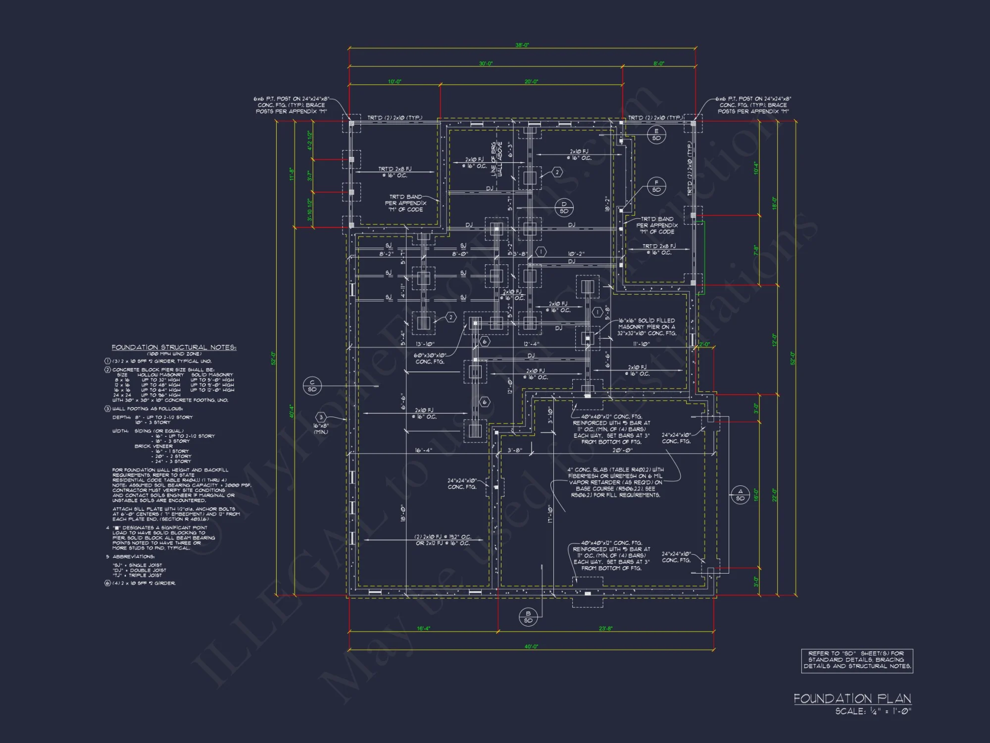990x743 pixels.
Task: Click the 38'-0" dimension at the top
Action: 522,45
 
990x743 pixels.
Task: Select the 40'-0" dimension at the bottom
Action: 531,646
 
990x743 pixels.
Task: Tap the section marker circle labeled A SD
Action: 740,495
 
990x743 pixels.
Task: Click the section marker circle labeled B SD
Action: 528,617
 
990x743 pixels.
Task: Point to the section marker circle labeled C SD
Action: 312,385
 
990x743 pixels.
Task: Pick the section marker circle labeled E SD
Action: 656,134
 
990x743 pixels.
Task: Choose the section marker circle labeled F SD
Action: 656,186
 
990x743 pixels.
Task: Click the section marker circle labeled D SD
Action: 564,208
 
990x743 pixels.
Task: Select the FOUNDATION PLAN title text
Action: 852,698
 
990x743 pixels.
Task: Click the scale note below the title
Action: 873,711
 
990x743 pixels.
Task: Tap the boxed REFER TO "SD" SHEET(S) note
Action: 857,660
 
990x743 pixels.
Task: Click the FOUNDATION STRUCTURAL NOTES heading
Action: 174,347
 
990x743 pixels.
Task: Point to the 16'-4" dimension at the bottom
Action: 423,628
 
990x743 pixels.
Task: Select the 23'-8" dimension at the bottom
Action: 605,628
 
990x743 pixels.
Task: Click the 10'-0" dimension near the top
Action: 395,82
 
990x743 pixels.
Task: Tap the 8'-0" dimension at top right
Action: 659,63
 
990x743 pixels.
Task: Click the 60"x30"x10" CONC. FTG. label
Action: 430,359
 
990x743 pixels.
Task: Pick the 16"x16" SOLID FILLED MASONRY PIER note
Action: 646,327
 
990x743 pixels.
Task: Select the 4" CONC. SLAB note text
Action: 615,482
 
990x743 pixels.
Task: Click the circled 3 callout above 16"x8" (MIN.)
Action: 321,418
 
